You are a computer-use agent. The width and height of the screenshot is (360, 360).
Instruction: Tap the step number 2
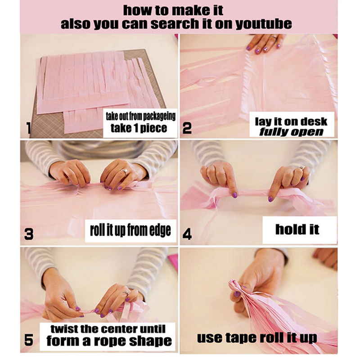coord(187,128)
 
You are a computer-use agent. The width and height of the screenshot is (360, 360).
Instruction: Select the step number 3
coord(29,234)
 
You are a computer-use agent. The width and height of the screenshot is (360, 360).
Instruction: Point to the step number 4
coord(187,234)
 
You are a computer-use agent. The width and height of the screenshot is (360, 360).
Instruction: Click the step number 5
coord(29,340)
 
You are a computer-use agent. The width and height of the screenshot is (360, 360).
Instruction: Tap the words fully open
coord(291,132)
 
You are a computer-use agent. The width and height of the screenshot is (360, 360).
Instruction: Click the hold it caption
coord(297,229)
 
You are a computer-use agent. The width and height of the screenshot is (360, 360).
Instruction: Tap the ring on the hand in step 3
coord(125,171)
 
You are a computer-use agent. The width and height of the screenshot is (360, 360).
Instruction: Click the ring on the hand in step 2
coord(274,36)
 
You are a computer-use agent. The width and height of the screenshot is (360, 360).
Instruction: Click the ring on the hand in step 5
coord(126,293)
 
